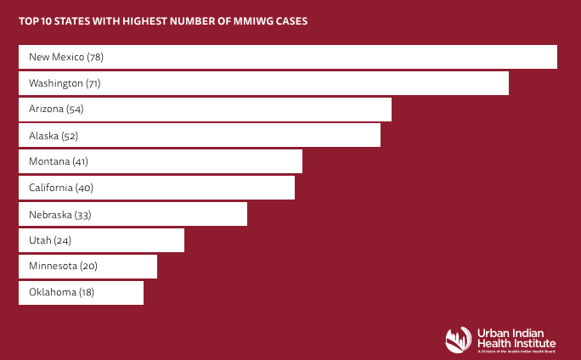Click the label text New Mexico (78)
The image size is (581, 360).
(x=66, y=57)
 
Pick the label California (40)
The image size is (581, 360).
(x=61, y=188)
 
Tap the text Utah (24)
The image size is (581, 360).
(x=49, y=240)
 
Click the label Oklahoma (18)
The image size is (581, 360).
(x=61, y=293)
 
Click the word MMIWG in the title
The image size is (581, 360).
(x=255, y=21)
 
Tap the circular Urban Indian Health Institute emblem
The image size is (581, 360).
(x=459, y=340)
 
